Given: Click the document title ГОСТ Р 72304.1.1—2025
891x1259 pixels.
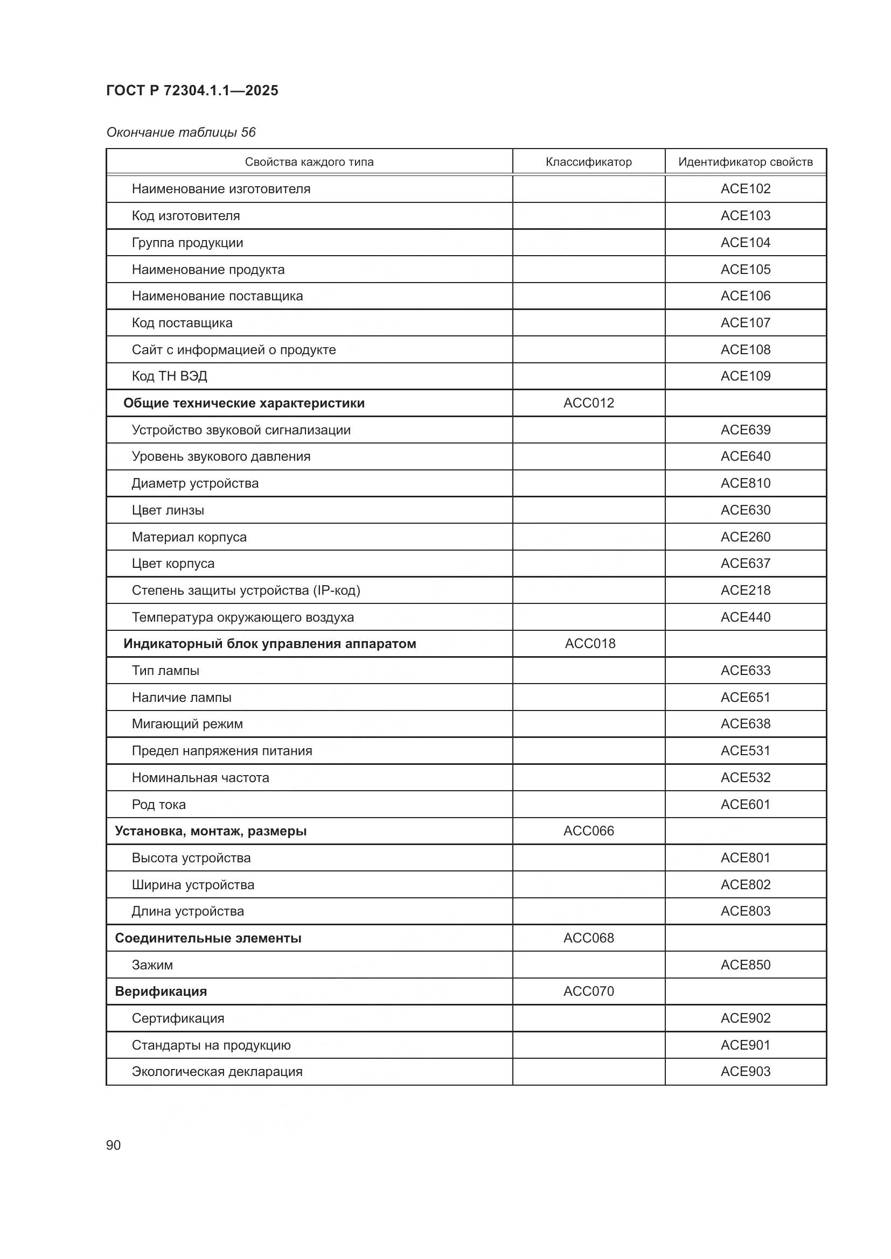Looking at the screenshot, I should coord(192,90).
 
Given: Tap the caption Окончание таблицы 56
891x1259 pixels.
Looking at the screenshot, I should coord(180,132).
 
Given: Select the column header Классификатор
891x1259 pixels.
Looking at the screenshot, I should coord(588,162).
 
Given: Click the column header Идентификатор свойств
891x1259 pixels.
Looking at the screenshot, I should coord(745,162).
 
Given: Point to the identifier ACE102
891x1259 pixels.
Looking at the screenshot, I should coord(745,188).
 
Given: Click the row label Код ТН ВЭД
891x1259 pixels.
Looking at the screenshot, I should coord(169,376).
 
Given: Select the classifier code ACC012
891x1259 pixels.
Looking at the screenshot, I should coord(588,403).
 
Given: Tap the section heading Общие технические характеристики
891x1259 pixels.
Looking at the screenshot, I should coord(243,403).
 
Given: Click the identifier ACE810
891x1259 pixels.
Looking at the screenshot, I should coord(745,483).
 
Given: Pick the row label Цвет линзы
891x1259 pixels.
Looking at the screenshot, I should coord(168,510).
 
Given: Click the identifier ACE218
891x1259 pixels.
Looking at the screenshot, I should coord(745,590).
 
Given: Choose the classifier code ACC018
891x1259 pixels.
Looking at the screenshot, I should coord(590,643).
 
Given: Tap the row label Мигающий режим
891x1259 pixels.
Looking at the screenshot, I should coord(187,724).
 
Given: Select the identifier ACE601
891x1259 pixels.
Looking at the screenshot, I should coord(745,804).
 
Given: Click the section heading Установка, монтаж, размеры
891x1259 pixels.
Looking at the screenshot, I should coord(210,831).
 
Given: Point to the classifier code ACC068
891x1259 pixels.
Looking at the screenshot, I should coord(588,938).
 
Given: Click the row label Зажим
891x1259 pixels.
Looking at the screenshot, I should coord(152,965).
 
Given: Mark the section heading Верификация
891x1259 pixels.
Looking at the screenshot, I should coord(161,991).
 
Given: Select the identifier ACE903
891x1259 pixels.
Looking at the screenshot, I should coord(745,1071).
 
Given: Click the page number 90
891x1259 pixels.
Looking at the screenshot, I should coord(113,1145).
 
